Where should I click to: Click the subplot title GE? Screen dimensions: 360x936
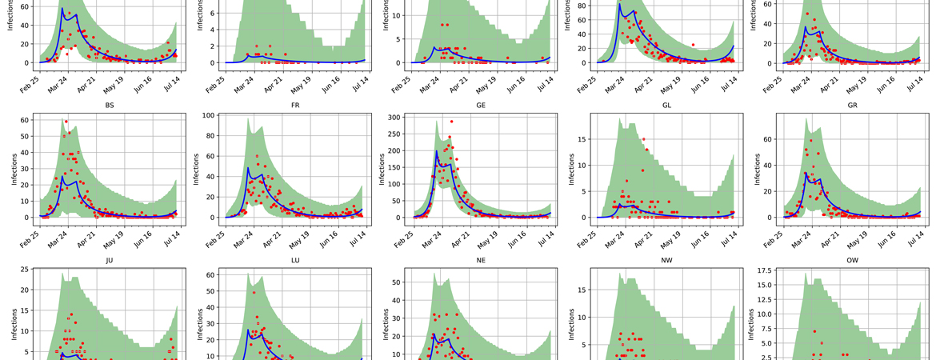pos(480,105)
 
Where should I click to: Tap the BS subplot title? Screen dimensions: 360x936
pos(109,105)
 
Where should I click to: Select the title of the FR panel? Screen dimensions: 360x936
pos(294,105)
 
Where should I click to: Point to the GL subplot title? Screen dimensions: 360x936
pos(666,105)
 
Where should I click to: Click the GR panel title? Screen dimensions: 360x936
pos(851,105)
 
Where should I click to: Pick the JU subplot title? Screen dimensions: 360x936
pos(109,260)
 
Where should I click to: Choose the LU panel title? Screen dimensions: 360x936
pos(294,260)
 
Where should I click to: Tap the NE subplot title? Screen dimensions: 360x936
pos(480,260)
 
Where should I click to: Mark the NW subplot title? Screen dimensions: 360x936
pos(666,260)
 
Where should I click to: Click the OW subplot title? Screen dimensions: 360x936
pos(851,260)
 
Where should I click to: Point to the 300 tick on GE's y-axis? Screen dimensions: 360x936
pos(396,118)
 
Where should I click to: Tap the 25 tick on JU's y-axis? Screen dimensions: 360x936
pos(25,270)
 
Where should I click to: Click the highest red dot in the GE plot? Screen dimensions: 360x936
pos(451,122)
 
